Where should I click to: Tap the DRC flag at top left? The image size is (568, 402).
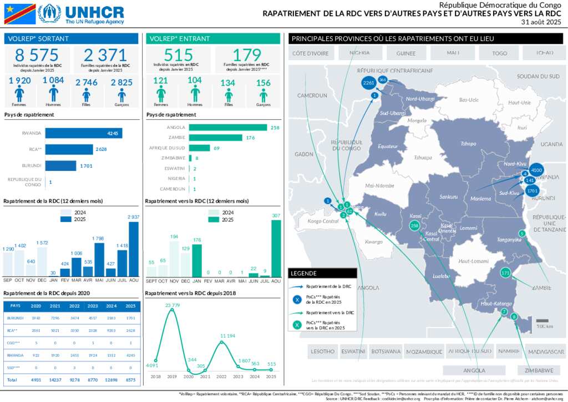(x=19, y=14)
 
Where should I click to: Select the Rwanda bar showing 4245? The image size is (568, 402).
(x=84, y=133)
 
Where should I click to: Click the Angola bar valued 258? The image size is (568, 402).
(x=227, y=128)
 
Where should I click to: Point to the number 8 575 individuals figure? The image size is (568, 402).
(x=37, y=55)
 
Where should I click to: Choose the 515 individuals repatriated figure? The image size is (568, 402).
(x=179, y=55)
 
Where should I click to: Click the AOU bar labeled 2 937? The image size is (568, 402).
(x=134, y=249)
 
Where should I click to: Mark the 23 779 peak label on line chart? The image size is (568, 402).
(x=172, y=305)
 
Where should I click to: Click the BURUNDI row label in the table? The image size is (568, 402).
(x=16, y=318)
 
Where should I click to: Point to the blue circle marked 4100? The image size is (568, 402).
(x=536, y=170)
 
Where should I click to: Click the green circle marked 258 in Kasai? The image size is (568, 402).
(x=414, y=226)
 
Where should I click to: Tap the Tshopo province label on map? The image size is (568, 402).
(x=469, y=144)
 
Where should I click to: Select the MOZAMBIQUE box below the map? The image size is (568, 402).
(x=424, y=351)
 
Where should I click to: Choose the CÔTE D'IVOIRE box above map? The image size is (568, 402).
(x=311, y=53)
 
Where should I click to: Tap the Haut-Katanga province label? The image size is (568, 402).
(x=496, y=303)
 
